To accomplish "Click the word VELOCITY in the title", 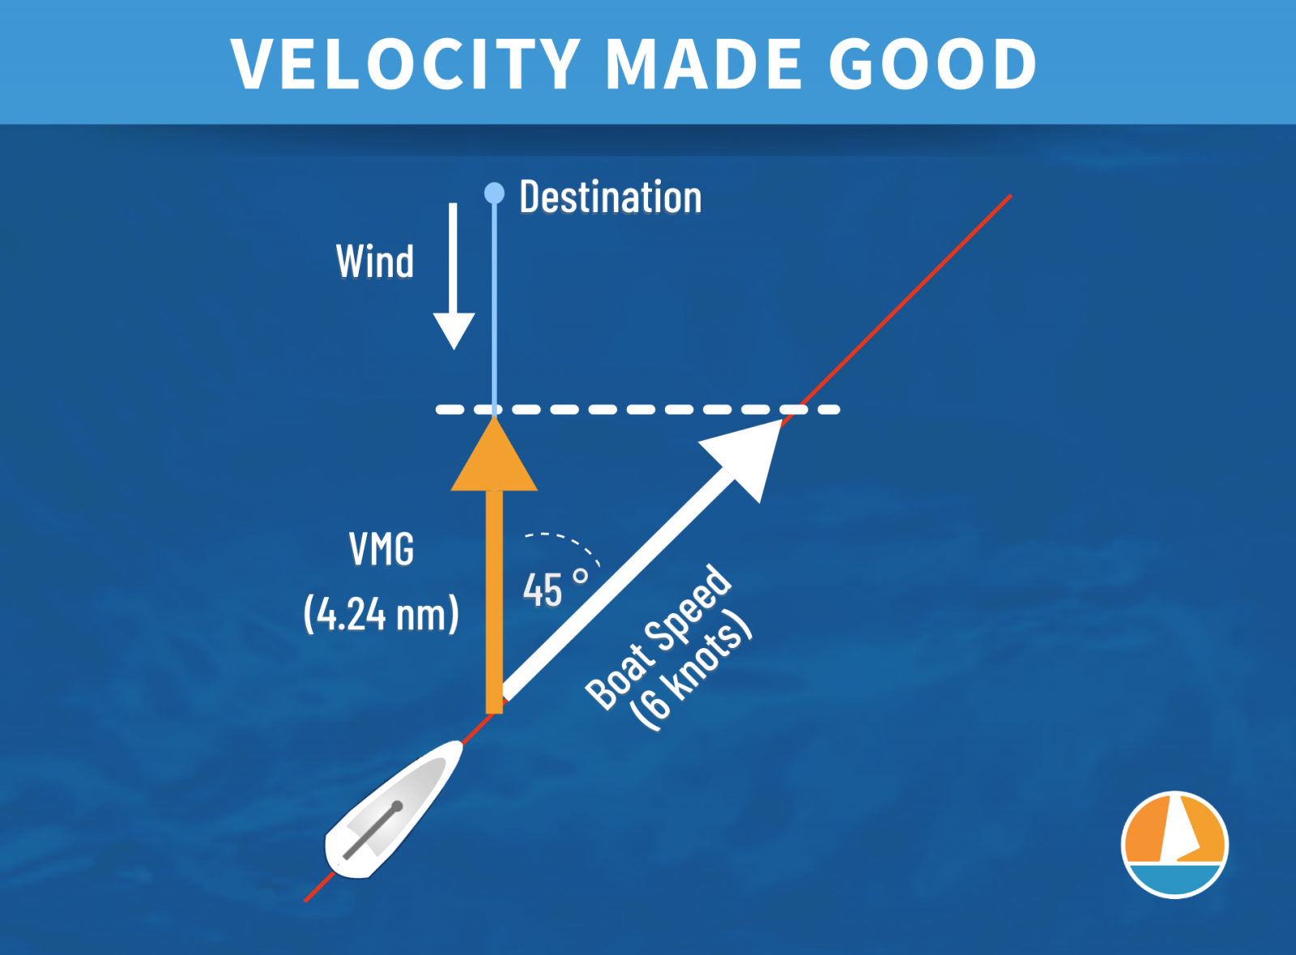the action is [x=406, y=64].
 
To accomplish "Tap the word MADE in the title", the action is [x=703, y=64].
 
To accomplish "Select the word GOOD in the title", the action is [x=932, y=64].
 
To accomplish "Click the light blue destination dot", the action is [x=494, y=194].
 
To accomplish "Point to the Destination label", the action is [x=611, y=198].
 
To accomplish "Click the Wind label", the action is [x=375, y=262].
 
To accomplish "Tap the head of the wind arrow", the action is [x=454, y=330].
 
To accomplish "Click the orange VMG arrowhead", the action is [x=494, y=454].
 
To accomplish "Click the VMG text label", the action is [x=382, y=549].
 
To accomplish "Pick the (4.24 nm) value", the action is [x=382, y=614].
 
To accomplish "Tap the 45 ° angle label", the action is [x=555, y=590].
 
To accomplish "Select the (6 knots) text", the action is [x=691, y=677].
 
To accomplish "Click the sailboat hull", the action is [x=394, y=810].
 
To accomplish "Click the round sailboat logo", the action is [x=1174, y=845].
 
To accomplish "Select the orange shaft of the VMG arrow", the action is [x=494, y=602].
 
